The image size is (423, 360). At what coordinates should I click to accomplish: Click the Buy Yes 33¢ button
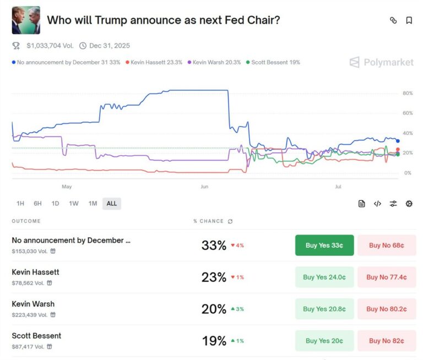tap(324, 245)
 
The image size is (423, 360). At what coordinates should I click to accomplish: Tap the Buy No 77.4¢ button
tap(387, 277)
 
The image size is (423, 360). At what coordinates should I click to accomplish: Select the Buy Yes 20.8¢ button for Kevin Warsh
tap(324, 309)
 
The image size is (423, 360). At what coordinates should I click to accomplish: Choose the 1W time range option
tap(74, 204)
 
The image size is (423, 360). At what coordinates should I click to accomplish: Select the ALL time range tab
tap(112, 204)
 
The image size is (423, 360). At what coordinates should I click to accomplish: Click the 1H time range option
tap(20, 204)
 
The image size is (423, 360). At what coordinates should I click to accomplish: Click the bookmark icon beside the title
tap(409, 20)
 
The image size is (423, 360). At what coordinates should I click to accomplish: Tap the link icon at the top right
tap(393, 20)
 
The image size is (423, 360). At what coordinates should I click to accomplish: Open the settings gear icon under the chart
tap(409, 204)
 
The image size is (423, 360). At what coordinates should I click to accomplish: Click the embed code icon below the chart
tap(377, 204)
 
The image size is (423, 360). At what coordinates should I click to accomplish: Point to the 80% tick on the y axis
tap(408, 94)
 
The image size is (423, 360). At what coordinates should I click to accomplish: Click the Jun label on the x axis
tap(204, 187)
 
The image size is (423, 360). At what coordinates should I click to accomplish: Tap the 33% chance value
tap(214, 246)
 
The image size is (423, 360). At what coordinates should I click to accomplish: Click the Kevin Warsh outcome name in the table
tap(33, 304)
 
